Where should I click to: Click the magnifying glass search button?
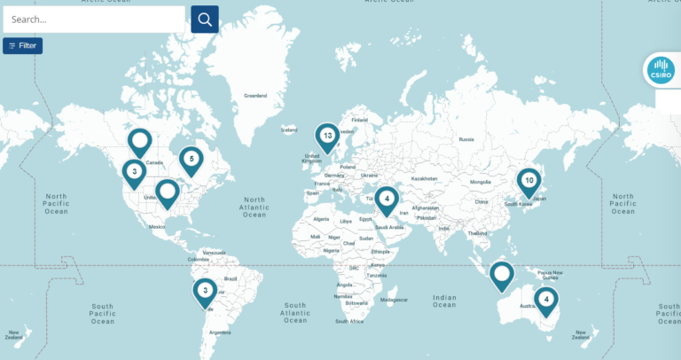(205, 20)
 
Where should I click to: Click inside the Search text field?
(93, 20)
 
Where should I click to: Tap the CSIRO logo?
(659, 70)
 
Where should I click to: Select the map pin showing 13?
(327, 137)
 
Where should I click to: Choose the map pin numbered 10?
(528, 182)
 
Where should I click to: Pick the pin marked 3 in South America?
(205, 291)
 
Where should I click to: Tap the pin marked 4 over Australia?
(546, 300)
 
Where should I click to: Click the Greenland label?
(255, 95)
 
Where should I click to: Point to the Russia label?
(466, 139)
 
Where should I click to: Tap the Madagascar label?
(394, 300)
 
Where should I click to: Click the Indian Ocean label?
(444, 301)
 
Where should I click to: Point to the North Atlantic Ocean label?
(254, 207)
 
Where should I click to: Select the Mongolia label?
(481, 182)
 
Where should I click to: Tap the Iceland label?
(289, 129)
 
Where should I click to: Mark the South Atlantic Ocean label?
(295, 311)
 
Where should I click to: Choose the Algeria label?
(321, 218)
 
